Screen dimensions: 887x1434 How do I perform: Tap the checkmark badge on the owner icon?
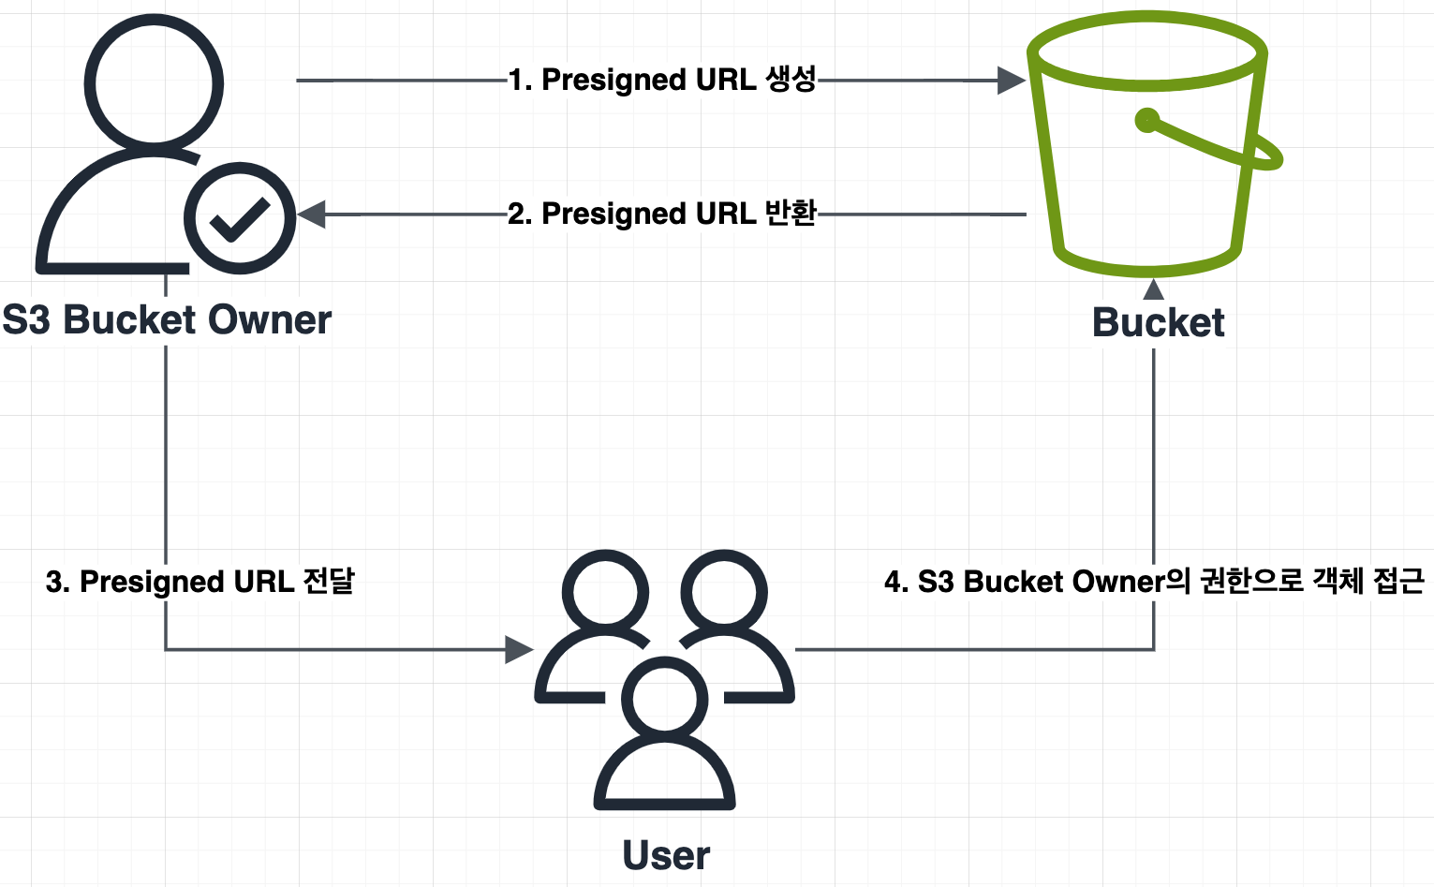[240, 219]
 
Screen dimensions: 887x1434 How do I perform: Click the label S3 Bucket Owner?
[167, 320]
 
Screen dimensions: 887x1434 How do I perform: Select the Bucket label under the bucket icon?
[1158, 323]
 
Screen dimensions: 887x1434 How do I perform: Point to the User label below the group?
[666, 855]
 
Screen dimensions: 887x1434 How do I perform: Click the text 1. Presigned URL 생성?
[662, 80]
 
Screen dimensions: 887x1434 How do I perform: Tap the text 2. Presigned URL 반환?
[662, 214]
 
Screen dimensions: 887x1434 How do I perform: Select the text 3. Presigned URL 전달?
[200, 582]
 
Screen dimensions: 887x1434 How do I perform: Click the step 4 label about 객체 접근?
[1154, 582]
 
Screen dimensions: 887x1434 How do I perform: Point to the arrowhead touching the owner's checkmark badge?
[312, 214]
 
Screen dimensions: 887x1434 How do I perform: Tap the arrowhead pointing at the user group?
[519, 649]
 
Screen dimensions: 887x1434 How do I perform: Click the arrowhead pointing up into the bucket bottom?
[1154, 288]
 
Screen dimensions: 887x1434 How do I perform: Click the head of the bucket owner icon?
[154, 84]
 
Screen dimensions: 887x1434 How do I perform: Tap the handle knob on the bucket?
[1147, 120]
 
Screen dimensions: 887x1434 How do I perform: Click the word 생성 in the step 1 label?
[791, 80]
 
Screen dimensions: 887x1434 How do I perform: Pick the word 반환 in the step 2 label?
[791, 214]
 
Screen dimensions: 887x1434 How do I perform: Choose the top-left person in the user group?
[605, 599]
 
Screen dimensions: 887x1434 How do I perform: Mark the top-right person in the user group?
[725, 599]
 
